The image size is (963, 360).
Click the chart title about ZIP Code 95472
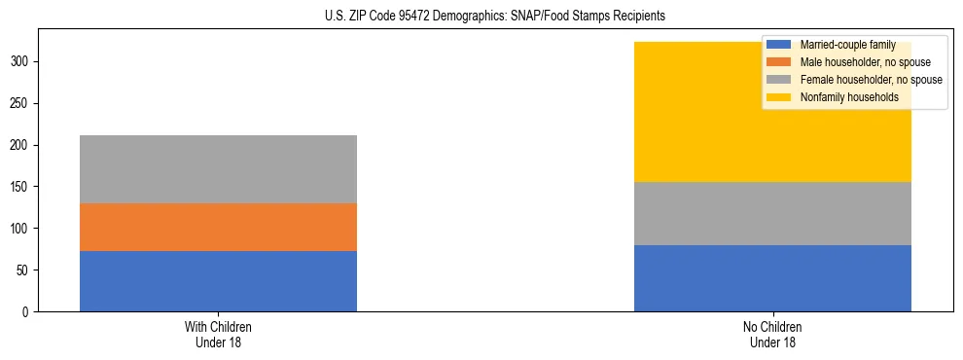(x=495, y=17)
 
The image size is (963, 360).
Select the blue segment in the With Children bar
(x=218, y=281)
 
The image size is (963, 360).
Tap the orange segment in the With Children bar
(x=218, y=227)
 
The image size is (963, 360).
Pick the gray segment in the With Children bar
(x=218, y=169)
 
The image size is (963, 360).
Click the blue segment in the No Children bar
(x=772, y=278)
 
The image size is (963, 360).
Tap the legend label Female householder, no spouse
(x=871, y=80)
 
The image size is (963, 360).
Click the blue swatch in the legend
(x=779, y=45)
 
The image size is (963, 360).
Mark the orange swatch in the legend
(x=779, y=62)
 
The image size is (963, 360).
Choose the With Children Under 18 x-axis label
(x=218, y=335)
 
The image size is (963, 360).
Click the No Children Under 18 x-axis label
(x=772, y=335)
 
